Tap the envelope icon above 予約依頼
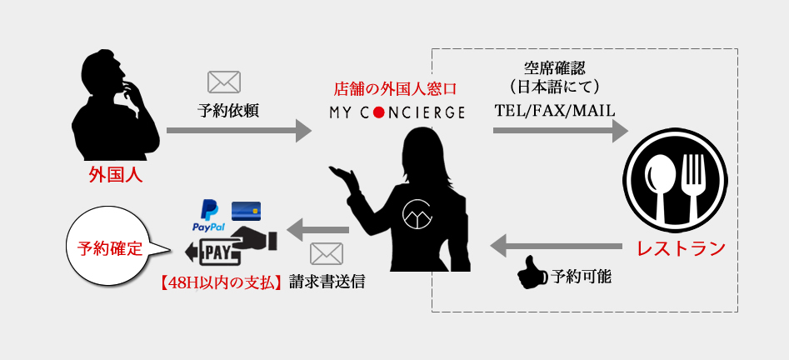[223, 82]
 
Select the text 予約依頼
[228, 110]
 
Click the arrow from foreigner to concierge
[232, 130]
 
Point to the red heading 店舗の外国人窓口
[396, 87]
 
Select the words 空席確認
[554, 67]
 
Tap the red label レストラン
[680, 248]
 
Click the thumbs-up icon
[530, 272]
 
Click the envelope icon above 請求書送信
[326, 253]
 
